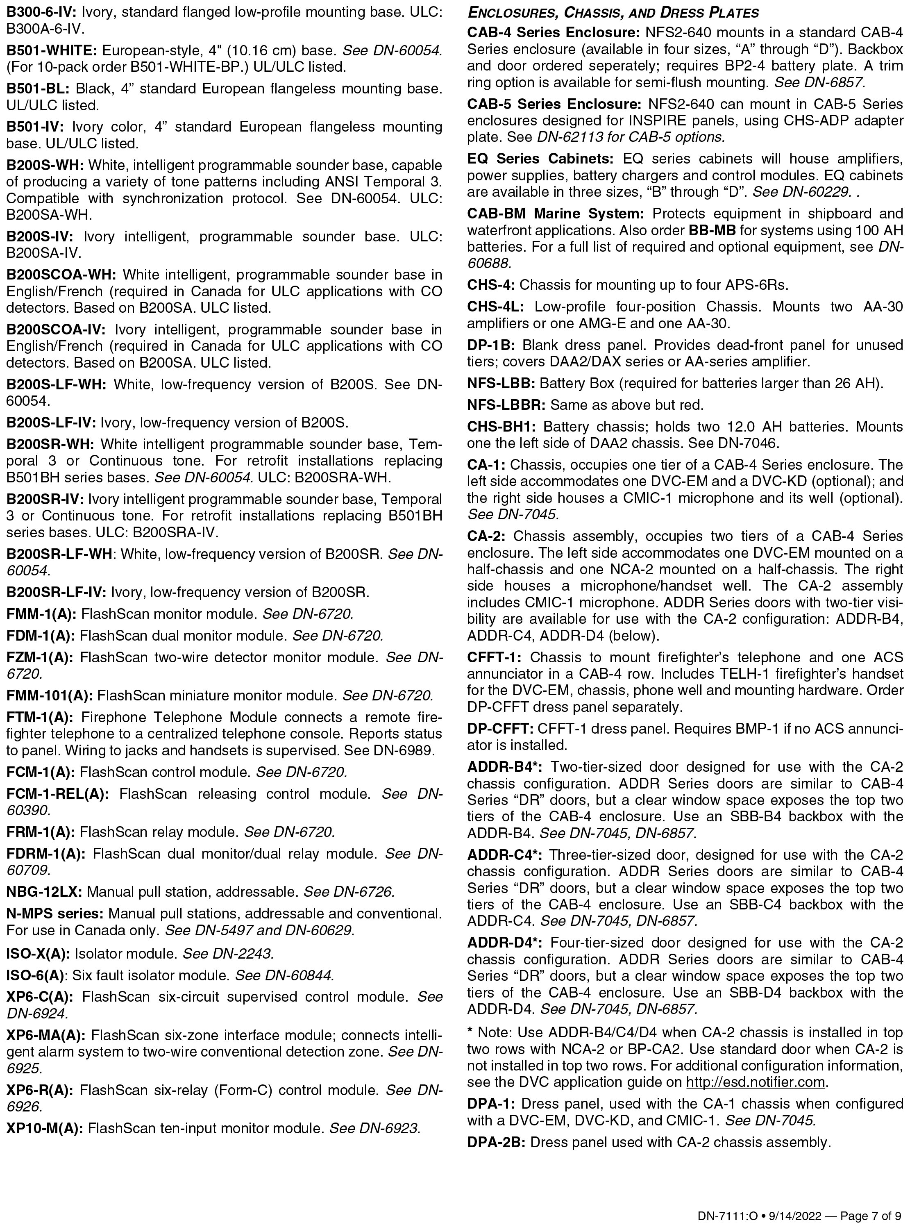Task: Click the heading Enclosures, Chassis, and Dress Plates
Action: (613, 12)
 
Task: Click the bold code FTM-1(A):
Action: (39, 717)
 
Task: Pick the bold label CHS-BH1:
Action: (501, 426)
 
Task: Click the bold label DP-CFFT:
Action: (500, 728)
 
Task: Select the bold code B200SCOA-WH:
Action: (61, 275)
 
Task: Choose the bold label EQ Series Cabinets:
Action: (540, 159)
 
